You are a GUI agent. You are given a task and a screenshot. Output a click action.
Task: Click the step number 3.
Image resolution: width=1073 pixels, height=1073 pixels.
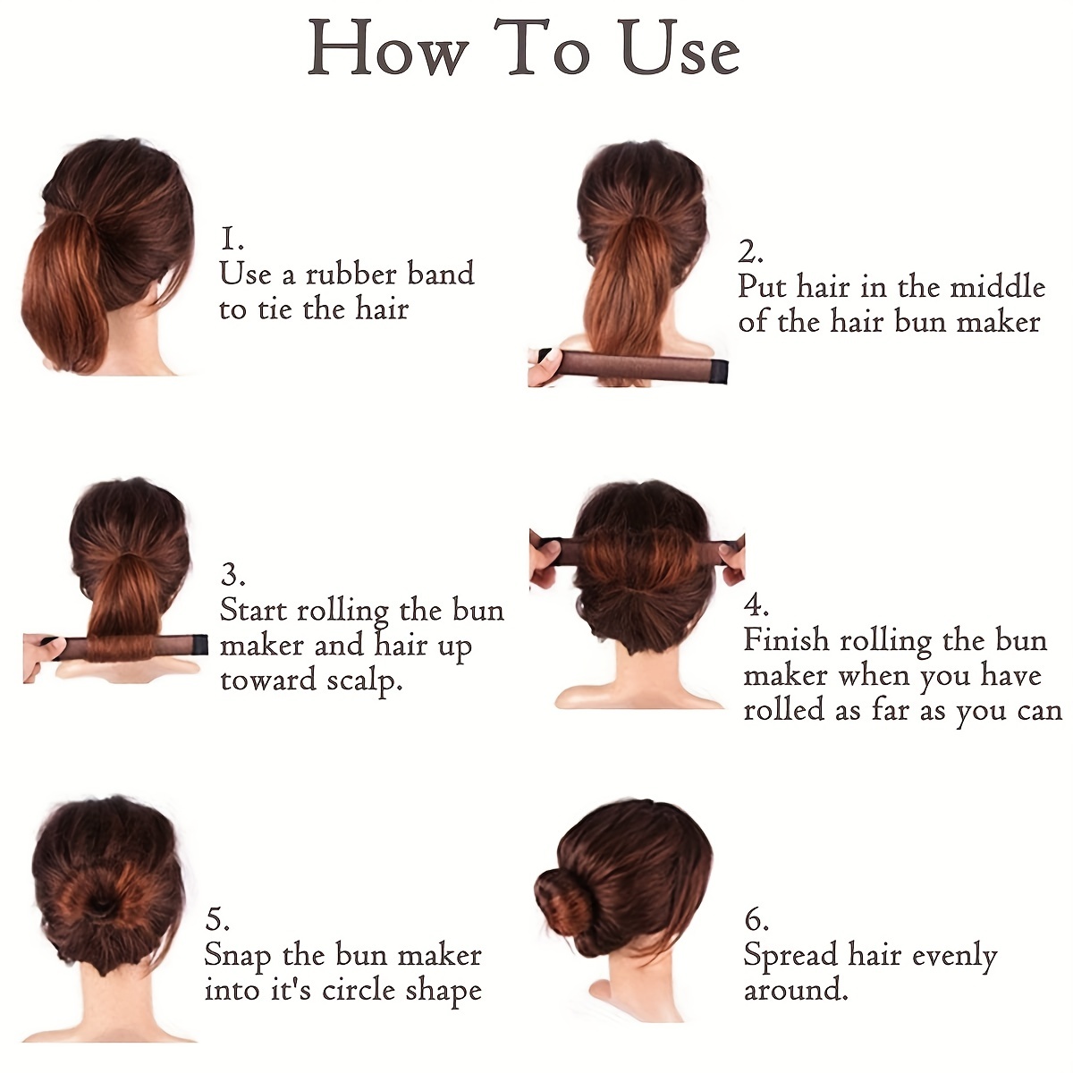pyautogui.click(x=232, y=575)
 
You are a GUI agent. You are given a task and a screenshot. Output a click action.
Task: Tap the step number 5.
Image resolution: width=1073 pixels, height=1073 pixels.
pyautogui.click(x=217, y=919)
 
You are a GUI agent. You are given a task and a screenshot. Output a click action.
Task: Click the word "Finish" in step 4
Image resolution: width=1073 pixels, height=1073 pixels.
pyautogui.click(x=786, y=640)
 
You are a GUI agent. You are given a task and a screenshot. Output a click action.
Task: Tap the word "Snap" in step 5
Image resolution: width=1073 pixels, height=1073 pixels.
pyautogui.click(x=238, y=956)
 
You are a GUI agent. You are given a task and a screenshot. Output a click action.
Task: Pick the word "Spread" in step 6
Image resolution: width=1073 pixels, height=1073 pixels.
pyautogui.click(x=790, y=956)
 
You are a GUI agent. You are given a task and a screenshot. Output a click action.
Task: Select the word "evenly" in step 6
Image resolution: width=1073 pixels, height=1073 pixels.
pyautogui.click(x=949, y=957)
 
